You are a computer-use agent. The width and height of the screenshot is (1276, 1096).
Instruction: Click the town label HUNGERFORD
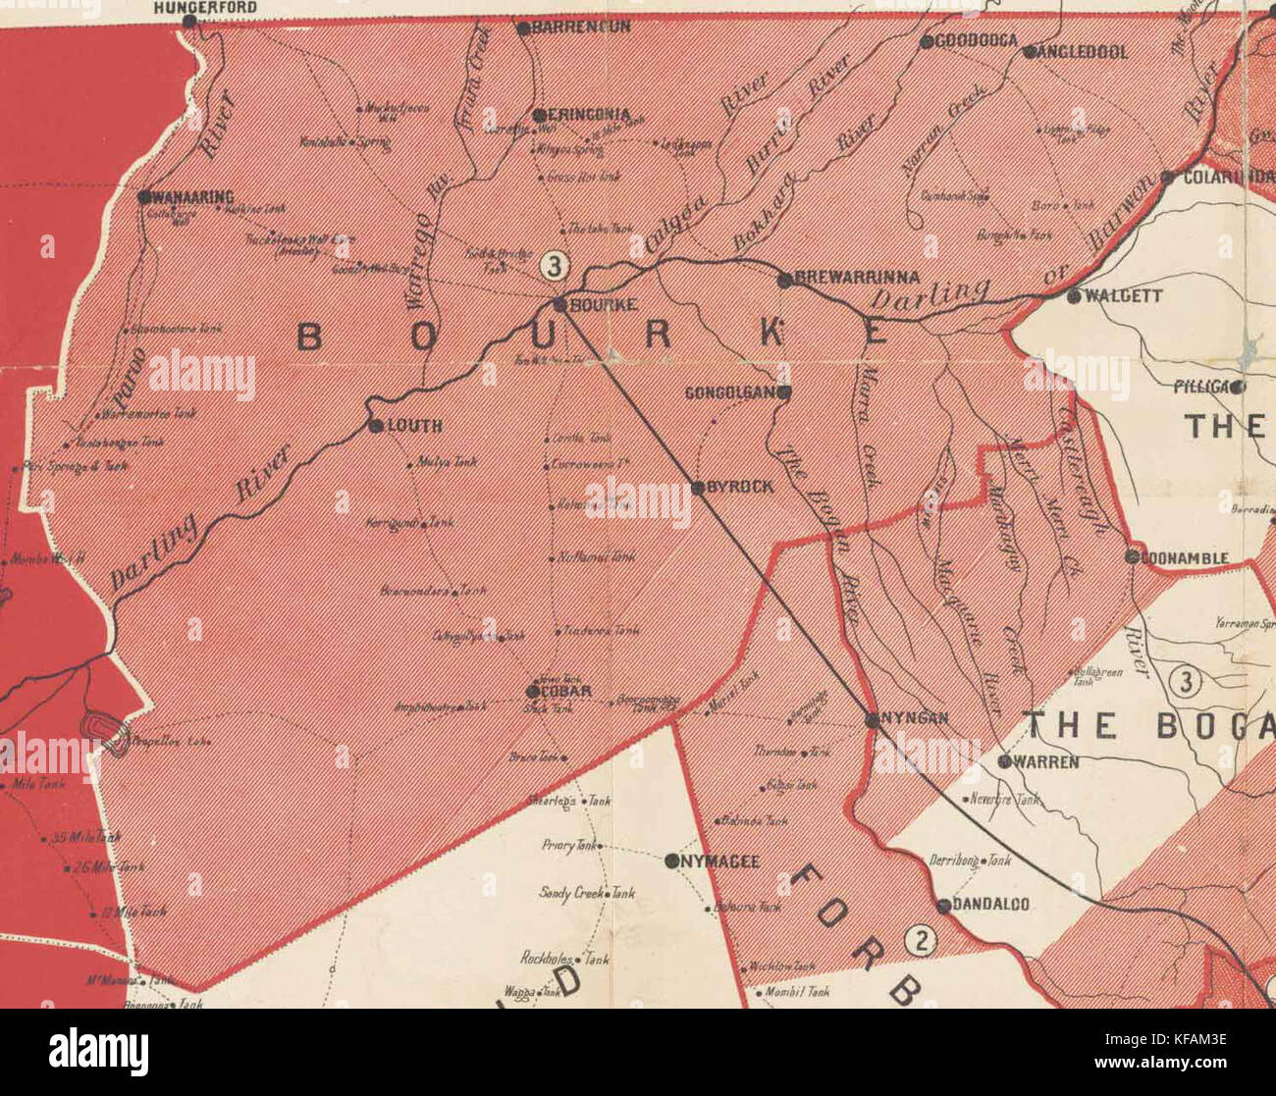[x=205, y=7]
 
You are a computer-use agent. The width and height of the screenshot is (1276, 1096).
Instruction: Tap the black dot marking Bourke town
[x=560, y=305]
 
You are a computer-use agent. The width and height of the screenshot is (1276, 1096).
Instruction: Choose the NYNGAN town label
[x=914, y=718]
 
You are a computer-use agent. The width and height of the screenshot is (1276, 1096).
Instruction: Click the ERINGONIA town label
[x=589, y=115]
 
